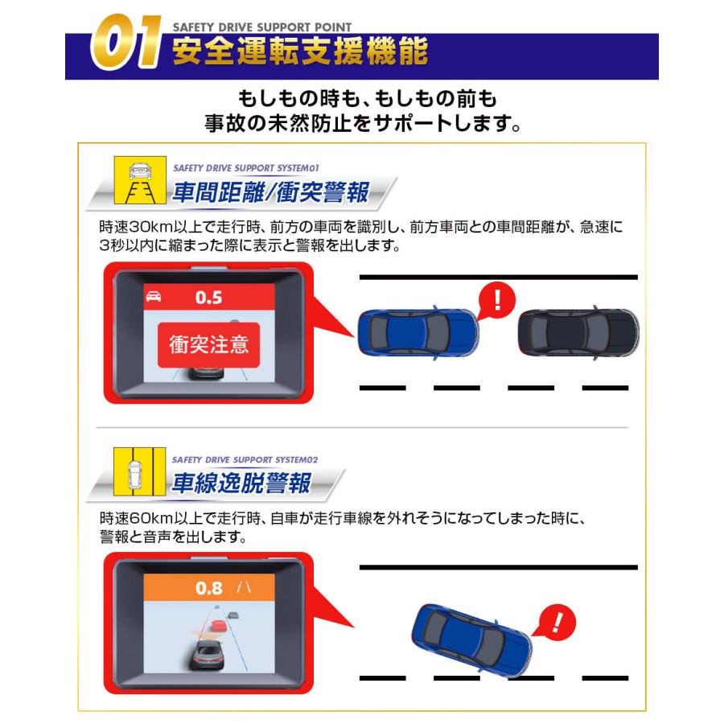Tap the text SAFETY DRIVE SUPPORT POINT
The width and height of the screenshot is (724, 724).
pyautogui.click(x=261, y=27)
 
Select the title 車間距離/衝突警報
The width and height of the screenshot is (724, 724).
pyautogui.click(x=269, y=194)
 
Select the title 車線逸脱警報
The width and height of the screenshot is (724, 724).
pyautogui.click(x=241, y=483)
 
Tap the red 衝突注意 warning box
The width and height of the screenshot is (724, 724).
pyautogui.click(x=208, y=344)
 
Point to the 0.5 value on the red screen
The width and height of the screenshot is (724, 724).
pyautogui.click(x=208, y=298)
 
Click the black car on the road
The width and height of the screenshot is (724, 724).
pyautogui.click(x=578, y=332)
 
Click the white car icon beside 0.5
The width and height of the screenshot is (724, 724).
pyautogui.click(x=152, y=298)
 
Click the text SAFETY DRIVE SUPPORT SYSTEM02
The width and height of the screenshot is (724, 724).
pyautogui.click(x=246, y=459)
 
